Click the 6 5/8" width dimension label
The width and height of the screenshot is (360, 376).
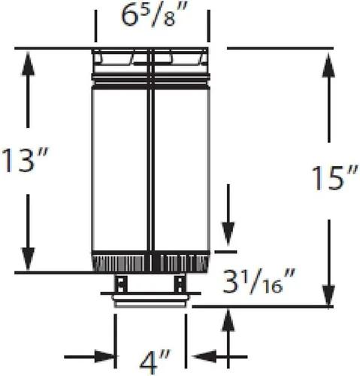(x=154, y=16)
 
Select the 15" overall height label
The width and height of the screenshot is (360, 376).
(x=334, y=177)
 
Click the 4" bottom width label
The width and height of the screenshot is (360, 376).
(x=155, y=362)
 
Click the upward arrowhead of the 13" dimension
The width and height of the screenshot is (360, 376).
(x=28, y=63)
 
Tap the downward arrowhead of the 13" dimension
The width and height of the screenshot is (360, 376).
(x=28, y=259)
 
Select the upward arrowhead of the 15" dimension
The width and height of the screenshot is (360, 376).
(x=328, y=65)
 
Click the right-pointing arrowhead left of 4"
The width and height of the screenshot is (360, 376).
(x=105, y=356)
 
